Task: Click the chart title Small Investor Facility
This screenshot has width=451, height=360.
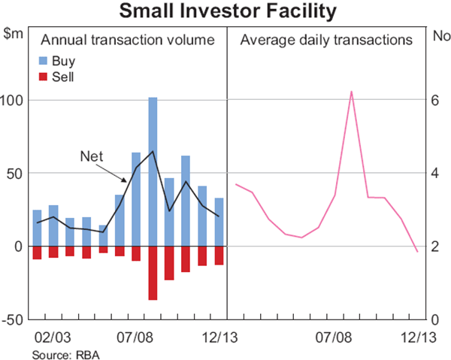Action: [225, 11]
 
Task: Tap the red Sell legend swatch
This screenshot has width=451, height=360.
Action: [45, 76]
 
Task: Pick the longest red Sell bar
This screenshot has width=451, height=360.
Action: [153, 273]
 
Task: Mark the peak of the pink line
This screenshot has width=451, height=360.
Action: [351, 92]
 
